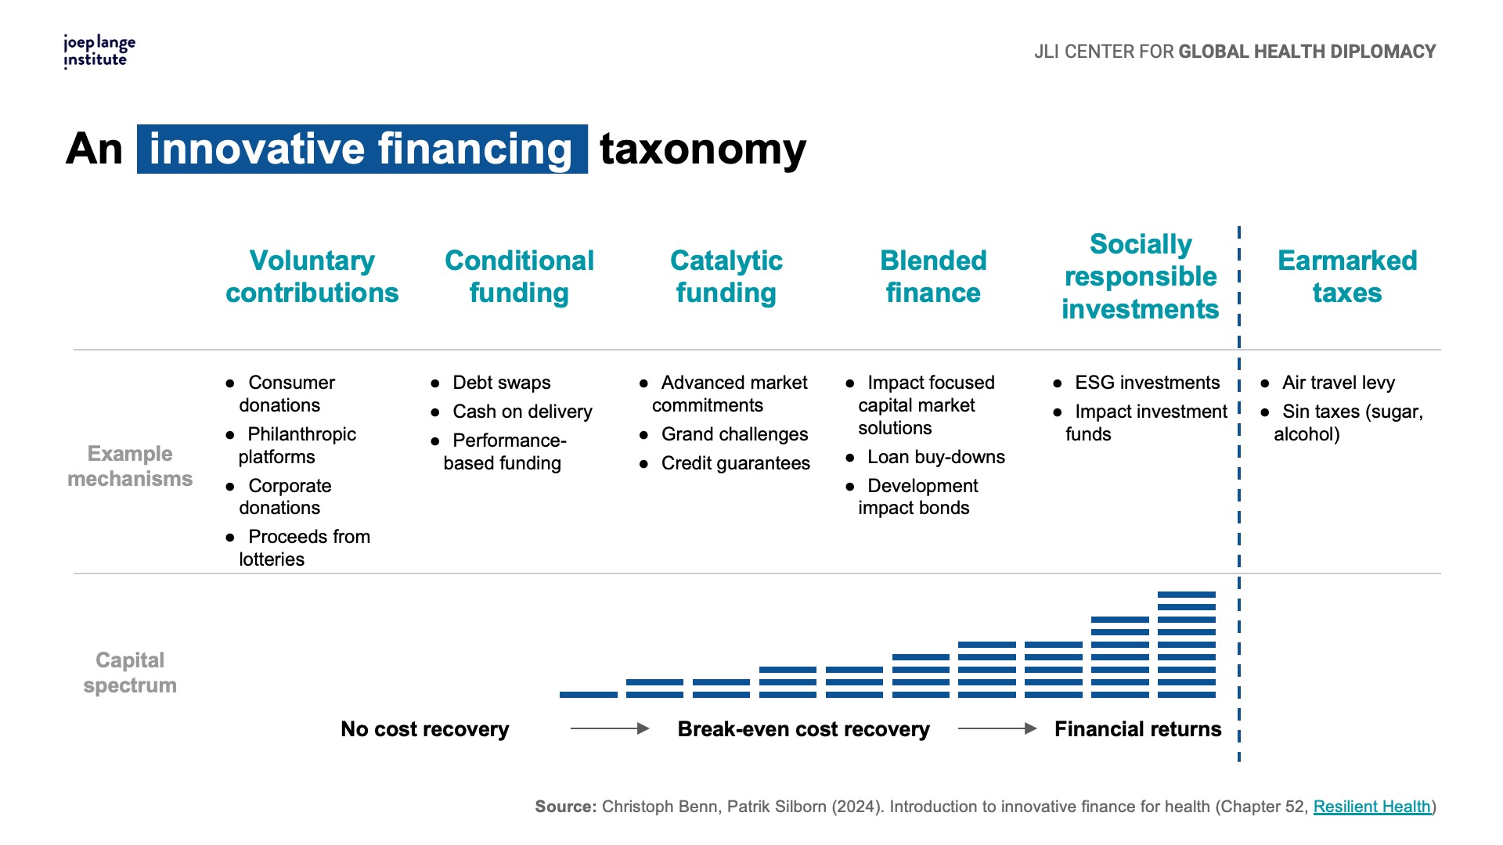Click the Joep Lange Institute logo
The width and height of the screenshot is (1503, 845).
coord(99,52)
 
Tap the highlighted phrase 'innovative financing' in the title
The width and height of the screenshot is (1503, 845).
coord(362,149)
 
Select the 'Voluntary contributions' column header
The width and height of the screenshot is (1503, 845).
coord(312,276)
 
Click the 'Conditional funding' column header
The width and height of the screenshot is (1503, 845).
coord(519,276)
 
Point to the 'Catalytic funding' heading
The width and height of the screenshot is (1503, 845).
coord(726,276)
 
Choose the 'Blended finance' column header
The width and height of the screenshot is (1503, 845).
coord(933,276)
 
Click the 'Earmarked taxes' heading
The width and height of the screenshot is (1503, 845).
coord(1347,276)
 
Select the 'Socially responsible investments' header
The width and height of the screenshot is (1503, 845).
coord(1141,276)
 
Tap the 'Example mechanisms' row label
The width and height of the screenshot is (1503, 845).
coord(130,466)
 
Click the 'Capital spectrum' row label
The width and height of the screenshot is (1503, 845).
coord(130,673)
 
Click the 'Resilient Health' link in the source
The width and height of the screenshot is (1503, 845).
coord(1371,807)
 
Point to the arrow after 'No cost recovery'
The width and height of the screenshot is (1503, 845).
coord(610,728)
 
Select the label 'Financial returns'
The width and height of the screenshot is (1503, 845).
coord(1137,729)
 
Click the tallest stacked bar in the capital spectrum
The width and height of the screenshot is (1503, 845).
coord(1187,645)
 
